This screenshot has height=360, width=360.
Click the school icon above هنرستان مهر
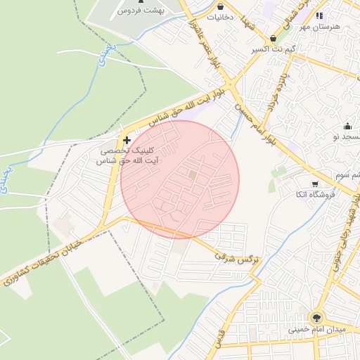click(320, 15)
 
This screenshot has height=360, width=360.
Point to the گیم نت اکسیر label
click(273, 50)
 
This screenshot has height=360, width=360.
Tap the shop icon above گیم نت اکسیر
click(273, 39)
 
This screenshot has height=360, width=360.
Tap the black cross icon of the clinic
click(127, 141)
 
